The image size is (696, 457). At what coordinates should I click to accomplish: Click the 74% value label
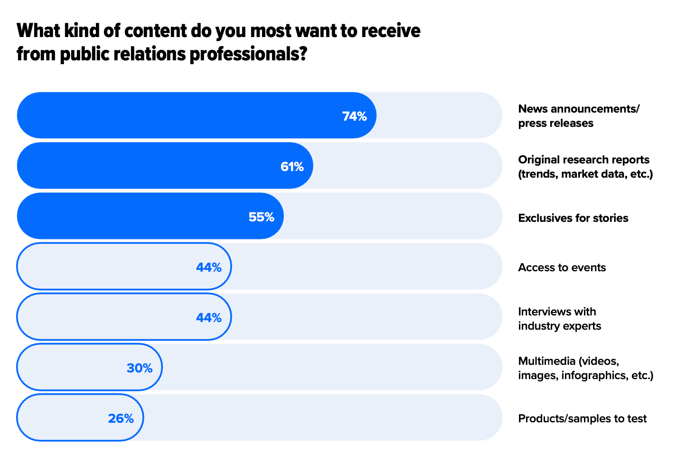pos(354,116)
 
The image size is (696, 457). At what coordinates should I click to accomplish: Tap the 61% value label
pos(292,167)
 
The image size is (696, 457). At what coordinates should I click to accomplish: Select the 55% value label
pos(261,217)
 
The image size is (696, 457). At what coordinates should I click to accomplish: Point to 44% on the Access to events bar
pos(208,267)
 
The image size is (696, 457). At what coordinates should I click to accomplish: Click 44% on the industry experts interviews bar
pos(208,317)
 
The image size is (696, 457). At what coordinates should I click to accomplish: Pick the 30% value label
pos(140,368)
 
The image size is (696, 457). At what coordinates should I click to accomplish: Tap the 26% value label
pos(121,419)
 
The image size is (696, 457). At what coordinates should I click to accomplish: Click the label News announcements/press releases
pos(578,116)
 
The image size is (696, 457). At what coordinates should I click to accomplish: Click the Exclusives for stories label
pos(573,218)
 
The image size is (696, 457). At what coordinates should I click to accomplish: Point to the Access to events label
pos(562,267)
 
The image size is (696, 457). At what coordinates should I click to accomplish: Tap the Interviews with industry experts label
pos(559,319)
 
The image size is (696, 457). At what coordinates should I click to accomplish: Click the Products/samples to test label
pos(582,419)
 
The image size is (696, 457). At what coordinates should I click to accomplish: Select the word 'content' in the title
pos(156,31)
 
